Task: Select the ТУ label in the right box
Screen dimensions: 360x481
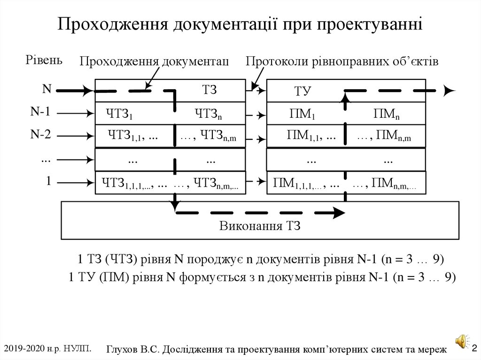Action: tap(303, 92)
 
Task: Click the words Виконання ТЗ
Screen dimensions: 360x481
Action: tap(259, 226)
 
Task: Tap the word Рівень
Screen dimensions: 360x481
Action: tap(43, 60)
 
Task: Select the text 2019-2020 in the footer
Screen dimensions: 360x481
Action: tap(23, 348)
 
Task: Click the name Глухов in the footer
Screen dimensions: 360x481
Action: tap(123, 350)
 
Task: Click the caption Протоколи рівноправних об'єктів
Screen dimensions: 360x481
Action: tap(342, 61)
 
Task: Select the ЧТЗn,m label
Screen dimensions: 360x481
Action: tap(218, 136)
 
